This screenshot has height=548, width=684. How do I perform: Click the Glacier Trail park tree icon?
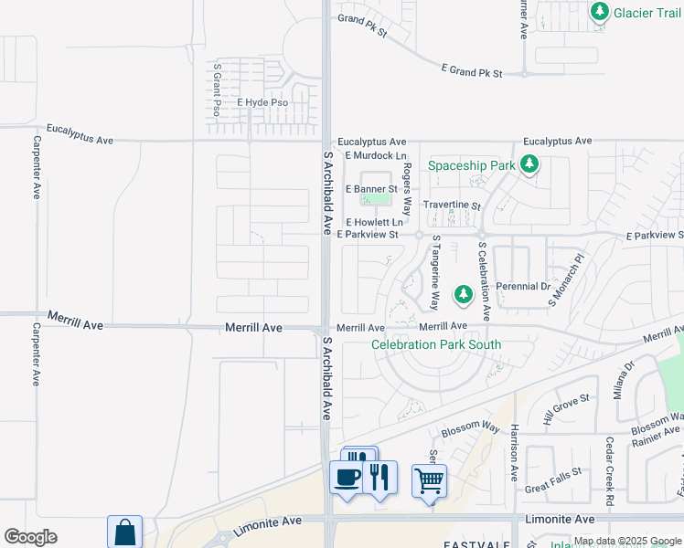click(x=600, y=13)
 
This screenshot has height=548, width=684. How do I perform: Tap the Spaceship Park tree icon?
click(x=529, y=165)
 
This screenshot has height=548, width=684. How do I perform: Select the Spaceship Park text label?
click(x=472, y=165)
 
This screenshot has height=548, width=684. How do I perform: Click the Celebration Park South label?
click(x=436, y=344)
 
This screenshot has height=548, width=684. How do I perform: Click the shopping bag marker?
click(x=124, y=532)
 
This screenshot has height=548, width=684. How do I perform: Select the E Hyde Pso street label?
click(x=262, y=103)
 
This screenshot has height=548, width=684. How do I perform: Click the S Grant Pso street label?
click(x=218, y=90)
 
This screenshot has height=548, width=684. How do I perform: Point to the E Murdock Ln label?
click(x=374, y=156)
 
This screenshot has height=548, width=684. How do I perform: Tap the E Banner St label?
click(x=370, y=189)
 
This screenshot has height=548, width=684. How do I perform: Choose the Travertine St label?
click(x=451, y=205)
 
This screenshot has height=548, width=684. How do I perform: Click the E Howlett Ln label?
click(x=374, y=222)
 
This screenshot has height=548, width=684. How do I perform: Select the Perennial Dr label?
click(x=522, y=286)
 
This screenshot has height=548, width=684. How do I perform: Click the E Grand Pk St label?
click(x=472, y=70)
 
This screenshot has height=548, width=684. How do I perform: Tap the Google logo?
click(x=30, y=537)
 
